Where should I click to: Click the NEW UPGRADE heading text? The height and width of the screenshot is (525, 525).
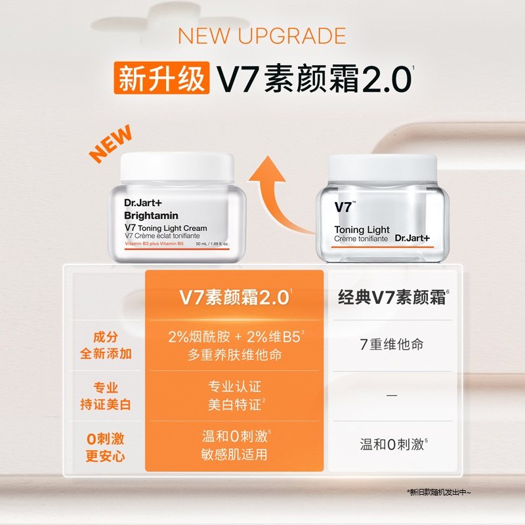click(262, 35)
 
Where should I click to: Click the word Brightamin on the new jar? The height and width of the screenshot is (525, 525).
click(151, 215)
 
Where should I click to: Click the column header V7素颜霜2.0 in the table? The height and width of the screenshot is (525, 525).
click(234, 297)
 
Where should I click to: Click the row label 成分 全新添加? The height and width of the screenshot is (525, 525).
click(106, 345)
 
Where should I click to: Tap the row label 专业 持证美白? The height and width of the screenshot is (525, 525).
click(106, 396)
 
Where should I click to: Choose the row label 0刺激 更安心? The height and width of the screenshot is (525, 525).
click(106, 446)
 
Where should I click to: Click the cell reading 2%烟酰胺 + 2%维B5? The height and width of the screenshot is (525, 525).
click(234, 337)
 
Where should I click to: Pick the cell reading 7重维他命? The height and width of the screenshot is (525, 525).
click(392, 345)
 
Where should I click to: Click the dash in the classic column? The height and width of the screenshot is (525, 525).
click(392, 396)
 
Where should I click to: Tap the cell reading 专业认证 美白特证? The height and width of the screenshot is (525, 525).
click(234, 396)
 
